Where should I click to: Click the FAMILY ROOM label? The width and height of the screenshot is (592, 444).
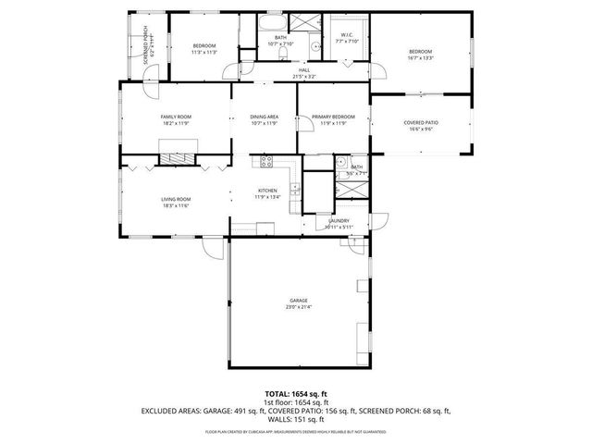(176, 117)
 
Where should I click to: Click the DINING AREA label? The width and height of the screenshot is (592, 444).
(264, 117)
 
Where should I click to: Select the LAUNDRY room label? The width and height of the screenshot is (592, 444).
(338, 220)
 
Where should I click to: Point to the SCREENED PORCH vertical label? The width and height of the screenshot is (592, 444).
(147, 43)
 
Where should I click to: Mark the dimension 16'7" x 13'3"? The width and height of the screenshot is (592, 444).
(421, 57)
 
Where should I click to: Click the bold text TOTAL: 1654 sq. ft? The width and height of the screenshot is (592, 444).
(296, 393)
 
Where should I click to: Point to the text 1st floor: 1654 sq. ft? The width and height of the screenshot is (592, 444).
(296, 401)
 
